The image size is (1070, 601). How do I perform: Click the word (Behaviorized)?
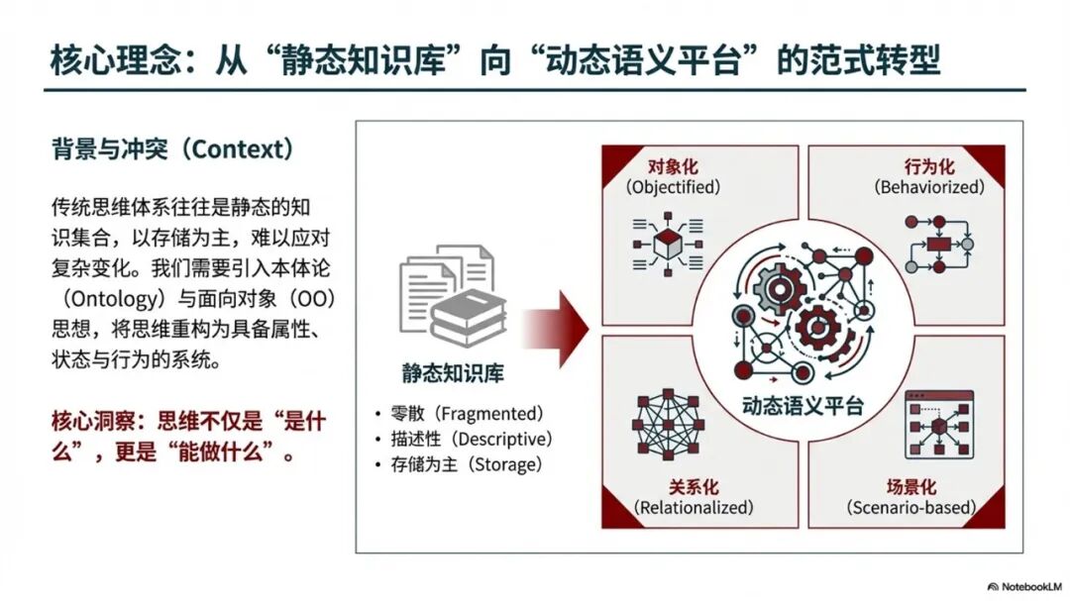pos(929,186)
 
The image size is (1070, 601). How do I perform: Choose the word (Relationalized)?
pos(694,508)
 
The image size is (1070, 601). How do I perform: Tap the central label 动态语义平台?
pos(802,406)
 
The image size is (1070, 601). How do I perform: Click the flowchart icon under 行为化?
pos(938,243)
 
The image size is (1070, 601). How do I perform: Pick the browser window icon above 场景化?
pos(938,426)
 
